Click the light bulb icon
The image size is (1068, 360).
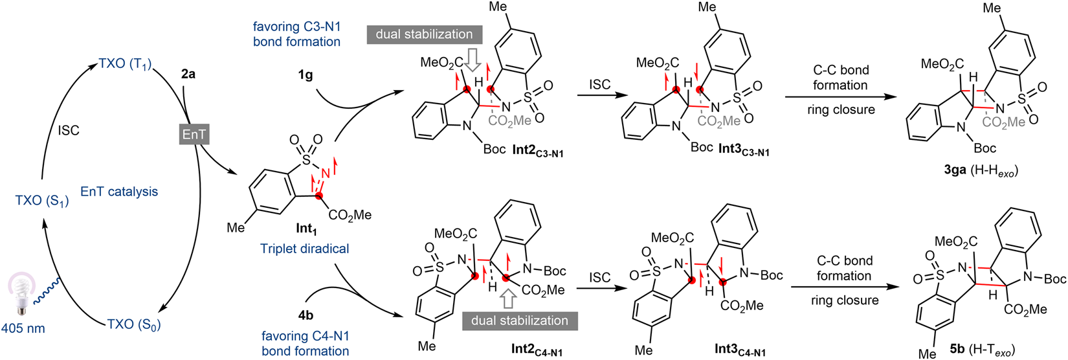click(x=22, y=302)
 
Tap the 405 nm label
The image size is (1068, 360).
click(x=23, y=328)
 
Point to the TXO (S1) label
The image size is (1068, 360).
click(x=42, y=200)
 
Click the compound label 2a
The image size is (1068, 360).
click(x=188, y=74)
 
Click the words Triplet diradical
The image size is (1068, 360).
click(x=304, y=249)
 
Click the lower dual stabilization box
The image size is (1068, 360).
click(x=520, y=321)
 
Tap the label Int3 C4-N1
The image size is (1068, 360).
click(x=740, y=350)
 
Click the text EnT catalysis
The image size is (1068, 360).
click(x=119, y=192)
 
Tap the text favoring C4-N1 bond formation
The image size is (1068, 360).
click(x=305, y=343)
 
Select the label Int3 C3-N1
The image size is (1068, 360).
click(x=743, y=150)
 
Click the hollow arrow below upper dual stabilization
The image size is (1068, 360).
click(x=473, y=60)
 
